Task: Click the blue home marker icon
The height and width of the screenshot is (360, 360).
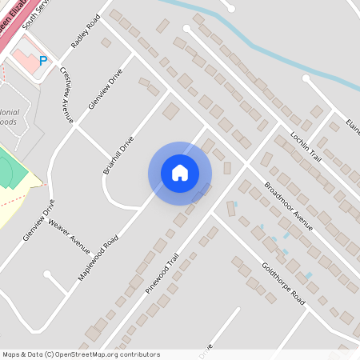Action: pyautogui.click(x=180, y=173)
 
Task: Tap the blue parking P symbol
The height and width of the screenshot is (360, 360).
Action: pyautogui.click(x=43, y=60)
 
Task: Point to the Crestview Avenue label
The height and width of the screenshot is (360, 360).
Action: pyautogui.click(x=67, y=94)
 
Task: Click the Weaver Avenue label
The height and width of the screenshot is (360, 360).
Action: pyautogui.click(x=70, y=232)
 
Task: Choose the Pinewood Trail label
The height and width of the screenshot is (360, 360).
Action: pyautogui.click(x=162, y=274)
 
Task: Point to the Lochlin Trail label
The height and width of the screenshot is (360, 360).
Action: pyautogui.click(x=305, y=142)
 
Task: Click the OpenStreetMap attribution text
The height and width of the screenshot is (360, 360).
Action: pyautogui.click(x=81, y=354)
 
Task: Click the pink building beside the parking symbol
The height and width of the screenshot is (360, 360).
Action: pyautogui.click(x=27, y=61)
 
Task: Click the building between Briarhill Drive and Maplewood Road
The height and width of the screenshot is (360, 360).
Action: pyautogui.click(x=171, y=111)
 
